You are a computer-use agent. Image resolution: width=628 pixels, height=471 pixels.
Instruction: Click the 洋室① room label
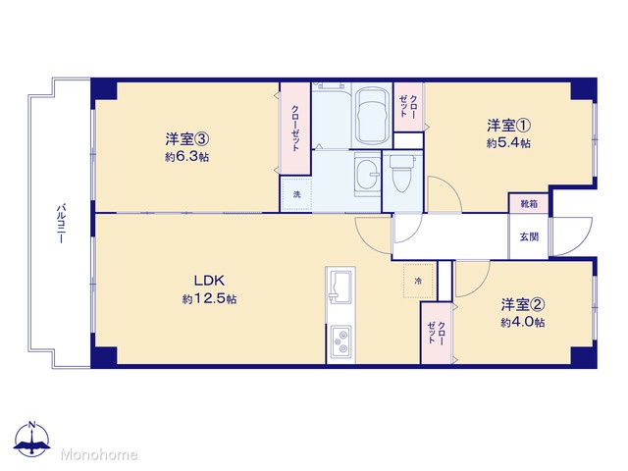508,126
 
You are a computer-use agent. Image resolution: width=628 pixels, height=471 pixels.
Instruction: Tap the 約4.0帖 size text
522,323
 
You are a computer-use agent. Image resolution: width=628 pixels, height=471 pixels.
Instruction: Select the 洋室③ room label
187,139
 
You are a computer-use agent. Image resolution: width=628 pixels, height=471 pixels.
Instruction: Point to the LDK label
209,281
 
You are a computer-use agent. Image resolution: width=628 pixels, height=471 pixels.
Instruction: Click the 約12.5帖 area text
209,298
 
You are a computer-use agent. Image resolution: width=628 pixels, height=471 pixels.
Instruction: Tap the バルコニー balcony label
61,224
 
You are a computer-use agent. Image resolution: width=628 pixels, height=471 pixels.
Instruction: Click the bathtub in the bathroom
372,116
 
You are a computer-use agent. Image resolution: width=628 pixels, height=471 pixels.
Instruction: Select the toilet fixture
403,174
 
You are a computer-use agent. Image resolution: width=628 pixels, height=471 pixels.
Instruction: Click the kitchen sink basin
340,286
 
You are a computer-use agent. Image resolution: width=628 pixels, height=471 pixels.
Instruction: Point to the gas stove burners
340,340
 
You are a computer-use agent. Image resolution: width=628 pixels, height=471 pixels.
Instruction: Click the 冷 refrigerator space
419,281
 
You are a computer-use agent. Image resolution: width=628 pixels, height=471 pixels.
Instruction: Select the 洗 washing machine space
296,194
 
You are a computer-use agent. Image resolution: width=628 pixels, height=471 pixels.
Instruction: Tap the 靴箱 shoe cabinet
529,203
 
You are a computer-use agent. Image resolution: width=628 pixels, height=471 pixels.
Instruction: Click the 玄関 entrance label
529,236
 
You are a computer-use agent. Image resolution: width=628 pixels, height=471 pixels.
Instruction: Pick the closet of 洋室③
295,129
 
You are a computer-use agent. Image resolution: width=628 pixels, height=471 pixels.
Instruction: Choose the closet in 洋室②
437,333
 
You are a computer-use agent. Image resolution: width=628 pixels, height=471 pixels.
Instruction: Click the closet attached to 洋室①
408,107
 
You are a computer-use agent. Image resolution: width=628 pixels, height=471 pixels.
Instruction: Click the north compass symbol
32,439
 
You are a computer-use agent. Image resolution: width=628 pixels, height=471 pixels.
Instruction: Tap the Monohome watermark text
99,454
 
